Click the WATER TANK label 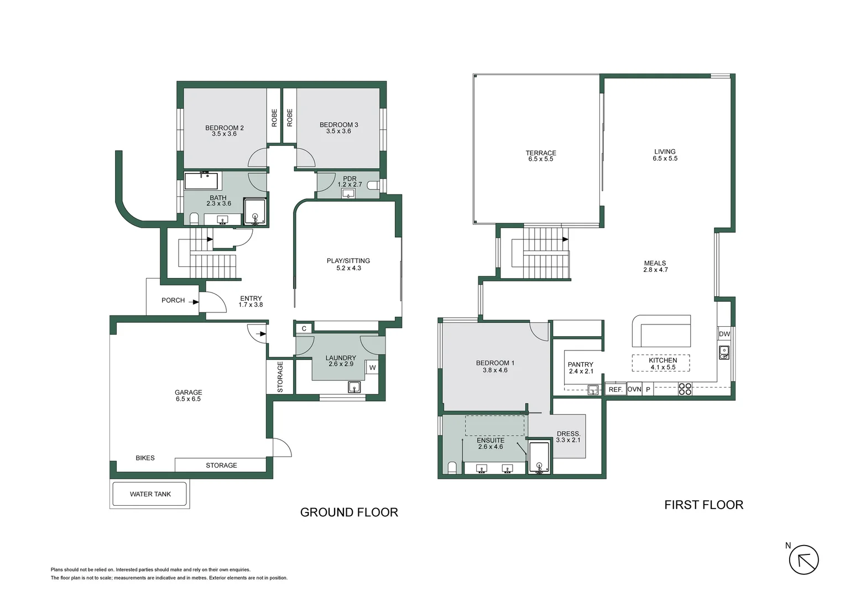click(150, 494)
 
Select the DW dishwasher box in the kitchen click(724, 334)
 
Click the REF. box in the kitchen click(616, 390)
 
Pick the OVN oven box click(634, 389)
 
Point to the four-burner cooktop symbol click(685, 389)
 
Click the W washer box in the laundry click(372, 368)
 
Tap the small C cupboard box click(304, 328)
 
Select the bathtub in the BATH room click(201, 181)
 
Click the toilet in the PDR click(373, 185)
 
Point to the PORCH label click(173, 300)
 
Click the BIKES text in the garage click(145, 458)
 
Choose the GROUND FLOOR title click(349, 512)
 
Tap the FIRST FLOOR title click(703, 505)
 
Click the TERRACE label click(541, 153)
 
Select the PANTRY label click(581, 364)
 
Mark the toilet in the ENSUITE click(452, 468)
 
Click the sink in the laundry click(354, 387)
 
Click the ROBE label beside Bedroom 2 click(274, 118)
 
